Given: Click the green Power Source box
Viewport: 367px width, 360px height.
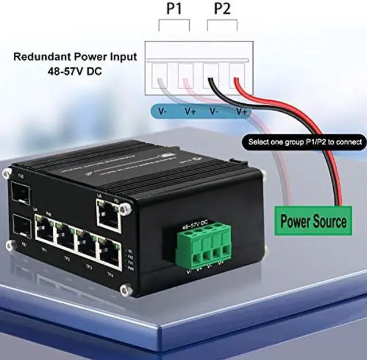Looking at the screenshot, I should tap(314, 221).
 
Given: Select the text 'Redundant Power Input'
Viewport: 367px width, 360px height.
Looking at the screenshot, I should tap(75, 57).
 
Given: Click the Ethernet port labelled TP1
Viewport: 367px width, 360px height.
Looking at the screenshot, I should tap(43, 232).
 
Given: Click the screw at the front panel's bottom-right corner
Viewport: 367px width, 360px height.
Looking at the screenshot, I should tap(127, 291).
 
